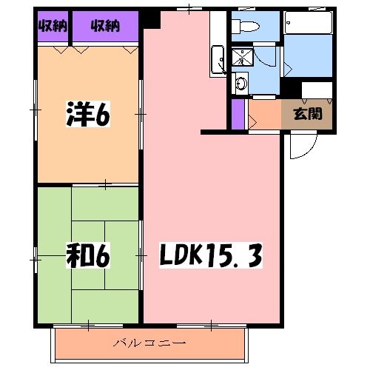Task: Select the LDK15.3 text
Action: click(x=210, y=258)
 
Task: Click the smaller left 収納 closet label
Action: click(x=50, y=27)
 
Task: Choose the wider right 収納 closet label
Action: click(x=105, y=27)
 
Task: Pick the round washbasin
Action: click(x=240, y=84)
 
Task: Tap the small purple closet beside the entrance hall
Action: click(x=238, y=112)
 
